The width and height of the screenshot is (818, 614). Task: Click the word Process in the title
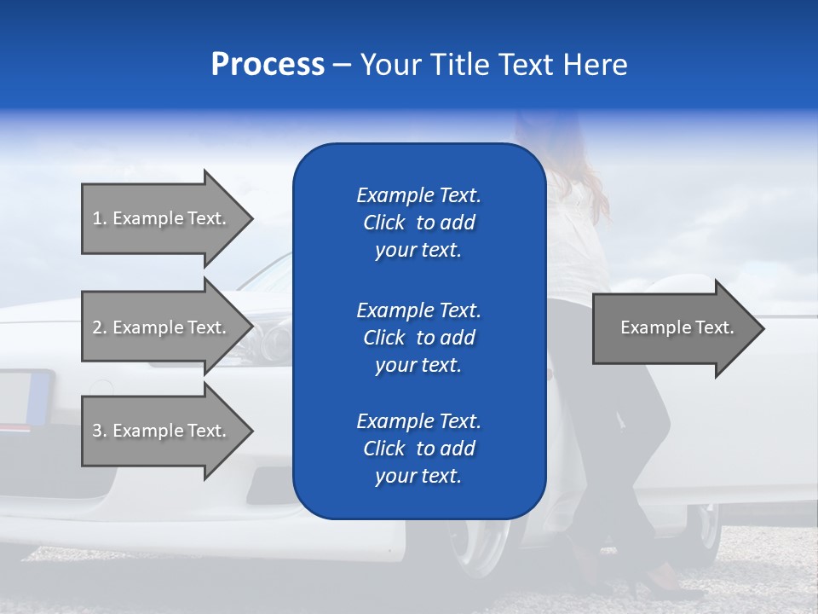(x=268, y=65)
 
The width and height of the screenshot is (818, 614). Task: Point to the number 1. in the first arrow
(x=100, y=218)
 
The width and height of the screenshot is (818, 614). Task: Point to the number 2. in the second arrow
(x=100, y=327)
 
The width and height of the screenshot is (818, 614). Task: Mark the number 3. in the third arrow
(x=100, y=431)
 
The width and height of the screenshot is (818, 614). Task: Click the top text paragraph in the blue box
(x=418, y=223)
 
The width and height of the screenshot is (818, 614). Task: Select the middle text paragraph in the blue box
(x=418, y=338)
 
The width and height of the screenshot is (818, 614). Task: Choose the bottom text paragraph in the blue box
(x=418, y=449)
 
